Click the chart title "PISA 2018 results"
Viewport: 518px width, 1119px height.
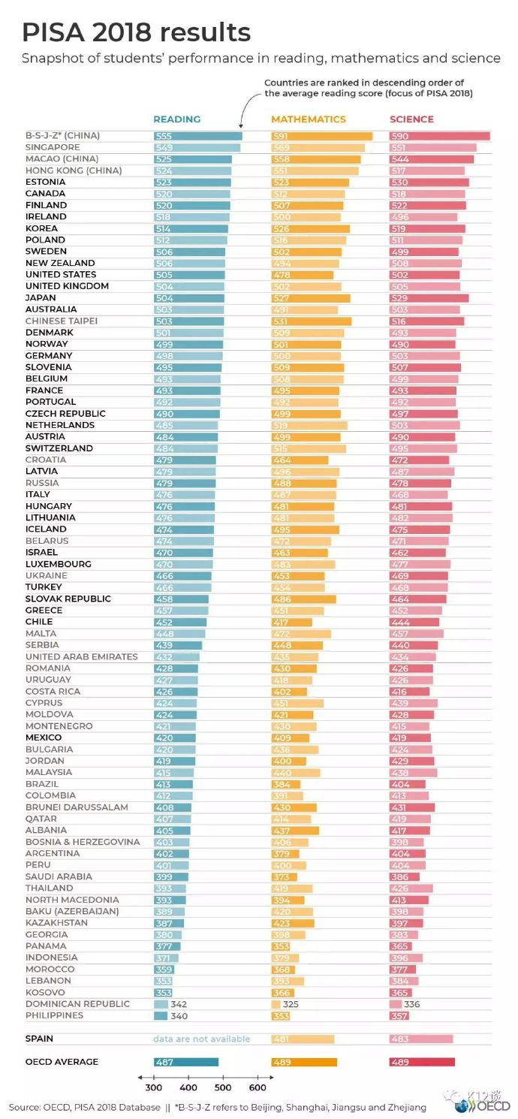[x=136, y=32]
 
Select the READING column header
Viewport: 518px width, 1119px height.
[x=176, y=119]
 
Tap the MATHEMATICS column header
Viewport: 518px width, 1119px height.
[x=309, y=119]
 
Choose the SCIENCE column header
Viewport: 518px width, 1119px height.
[x=411, y=119]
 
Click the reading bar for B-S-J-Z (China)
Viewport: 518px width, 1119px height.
[x=197, y=136]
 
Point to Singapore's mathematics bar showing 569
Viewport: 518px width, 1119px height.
[x=318, y=148]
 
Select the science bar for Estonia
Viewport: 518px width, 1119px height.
[x=429, y=182]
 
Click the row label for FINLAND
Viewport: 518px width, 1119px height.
[x=46, y=205]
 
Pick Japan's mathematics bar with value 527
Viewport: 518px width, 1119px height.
[x=310, y=297]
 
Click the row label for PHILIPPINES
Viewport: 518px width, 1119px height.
[x=54, y=1015]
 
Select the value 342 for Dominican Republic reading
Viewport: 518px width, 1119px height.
[x=179, y=1004]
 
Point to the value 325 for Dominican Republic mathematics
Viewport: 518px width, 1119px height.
[x=293, y=1004]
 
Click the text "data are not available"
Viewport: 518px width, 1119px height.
[x=201, y=1039]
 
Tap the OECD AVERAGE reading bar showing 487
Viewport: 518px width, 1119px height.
[x=185, y=1062]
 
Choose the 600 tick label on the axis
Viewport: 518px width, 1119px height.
[x=257, y=1087]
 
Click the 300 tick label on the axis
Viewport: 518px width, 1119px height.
[x=153, y=1087]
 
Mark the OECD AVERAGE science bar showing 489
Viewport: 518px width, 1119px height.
[x=422, y=1062]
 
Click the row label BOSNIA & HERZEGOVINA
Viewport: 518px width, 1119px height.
[x=83, y=842]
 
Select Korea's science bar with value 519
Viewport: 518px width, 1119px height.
[x=426, y=228]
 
